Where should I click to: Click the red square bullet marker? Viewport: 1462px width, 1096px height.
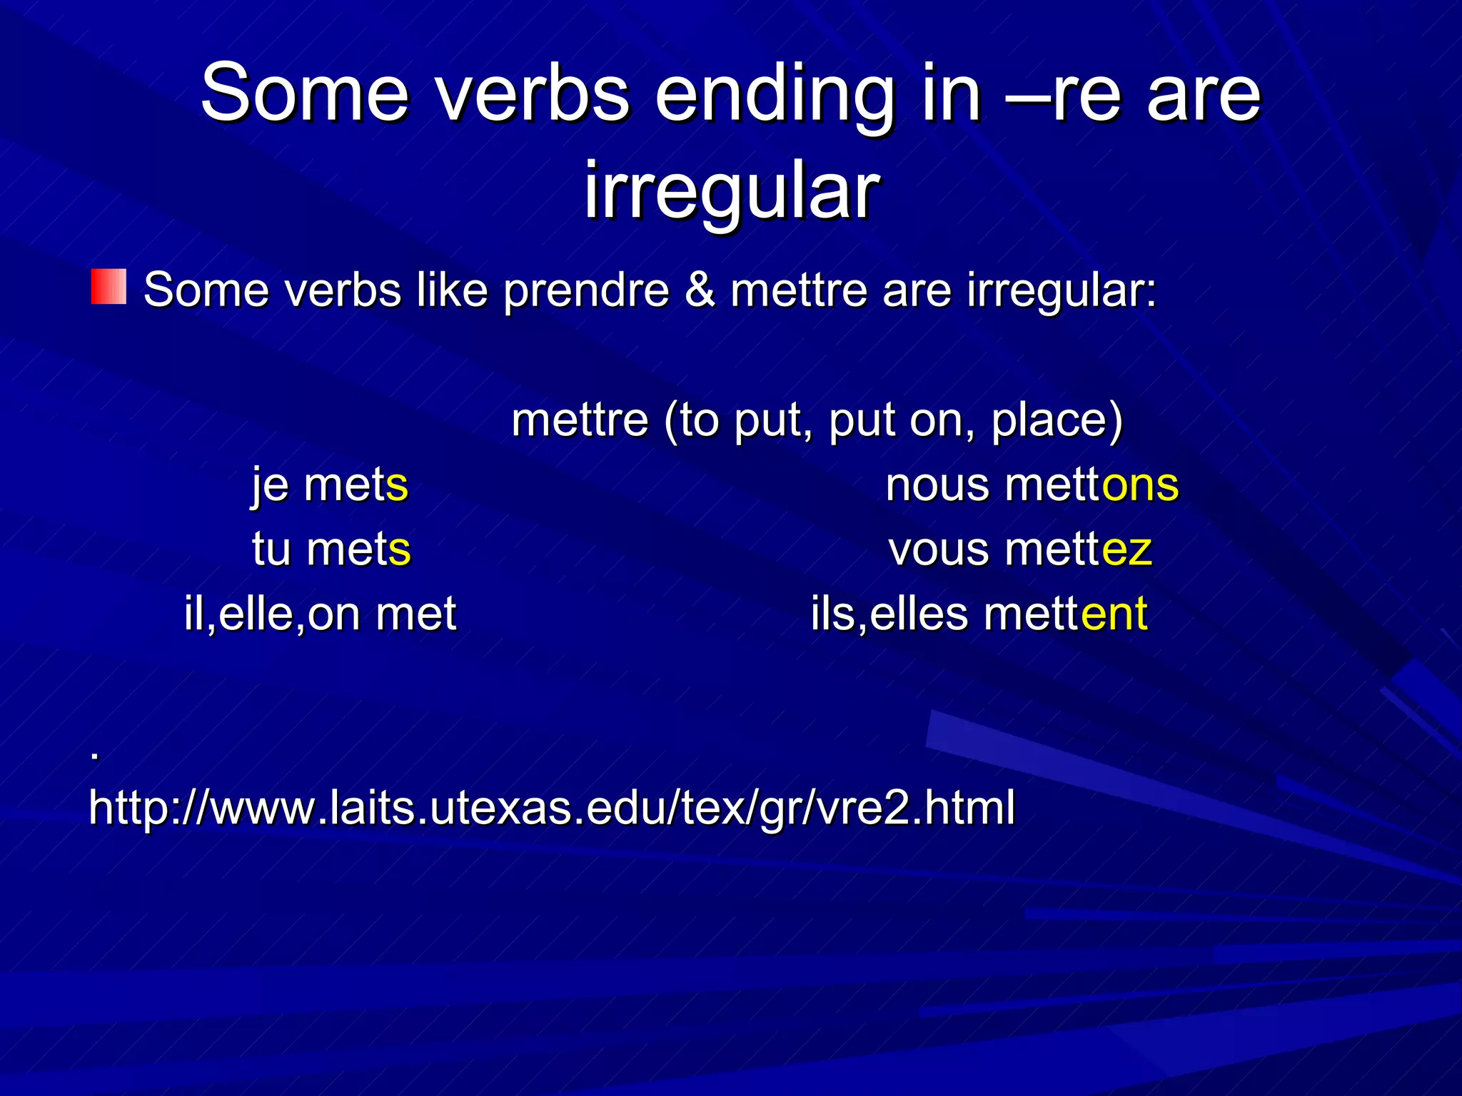109,287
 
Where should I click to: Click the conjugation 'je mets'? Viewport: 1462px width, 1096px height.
330,485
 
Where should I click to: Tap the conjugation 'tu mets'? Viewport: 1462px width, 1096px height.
332,549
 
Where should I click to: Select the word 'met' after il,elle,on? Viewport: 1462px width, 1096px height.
415,614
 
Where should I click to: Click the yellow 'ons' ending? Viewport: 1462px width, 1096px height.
1140,485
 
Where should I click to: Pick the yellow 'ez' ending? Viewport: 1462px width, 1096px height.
1127,549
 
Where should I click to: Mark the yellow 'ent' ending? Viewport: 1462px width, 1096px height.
1114,614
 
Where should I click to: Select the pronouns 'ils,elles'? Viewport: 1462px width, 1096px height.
889,614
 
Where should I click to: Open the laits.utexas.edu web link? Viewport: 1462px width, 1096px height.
552,808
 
